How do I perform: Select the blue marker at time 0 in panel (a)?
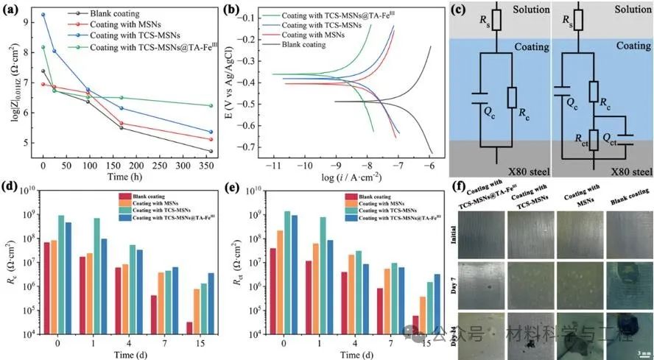(43, 15)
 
